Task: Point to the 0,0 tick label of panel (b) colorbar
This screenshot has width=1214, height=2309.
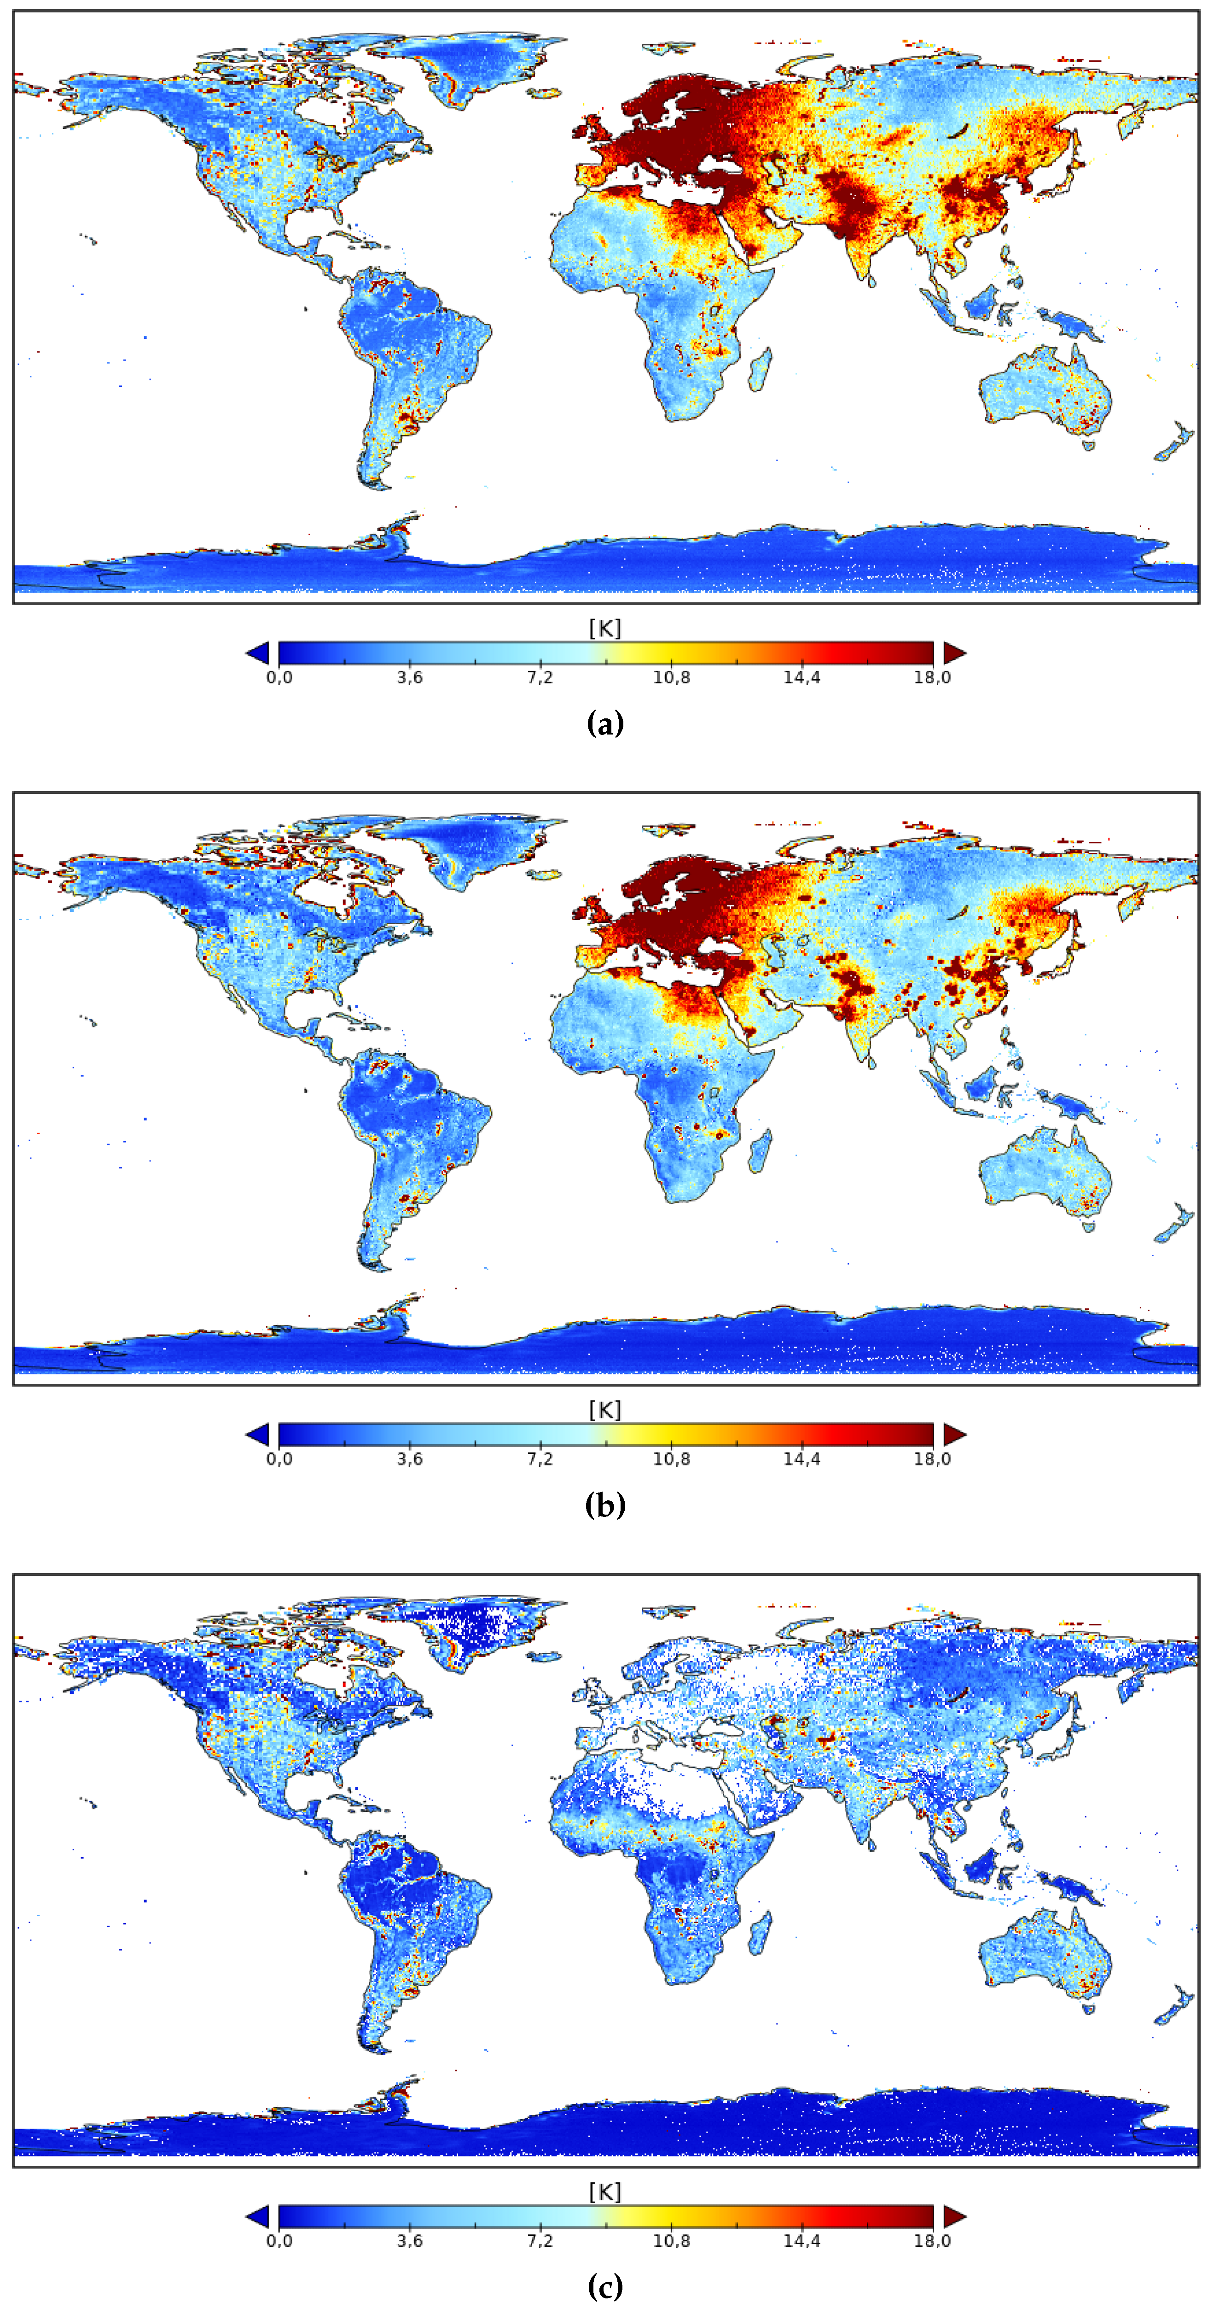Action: pyautogui.click(x=279, y=1459)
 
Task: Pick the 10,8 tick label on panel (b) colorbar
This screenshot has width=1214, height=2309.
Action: pyautogui.click(x=671, y=1459)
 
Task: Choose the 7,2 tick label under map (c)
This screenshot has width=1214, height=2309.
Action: pyautogui.click(x=540, y=2241)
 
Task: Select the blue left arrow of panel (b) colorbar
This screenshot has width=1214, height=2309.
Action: pyautogui.click(x=257, y=1434)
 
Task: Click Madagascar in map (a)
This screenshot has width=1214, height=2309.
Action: pyautogui.click(x=760, y=370)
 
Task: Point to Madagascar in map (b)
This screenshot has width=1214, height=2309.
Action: pyautogui.click(x=760, y=1152)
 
